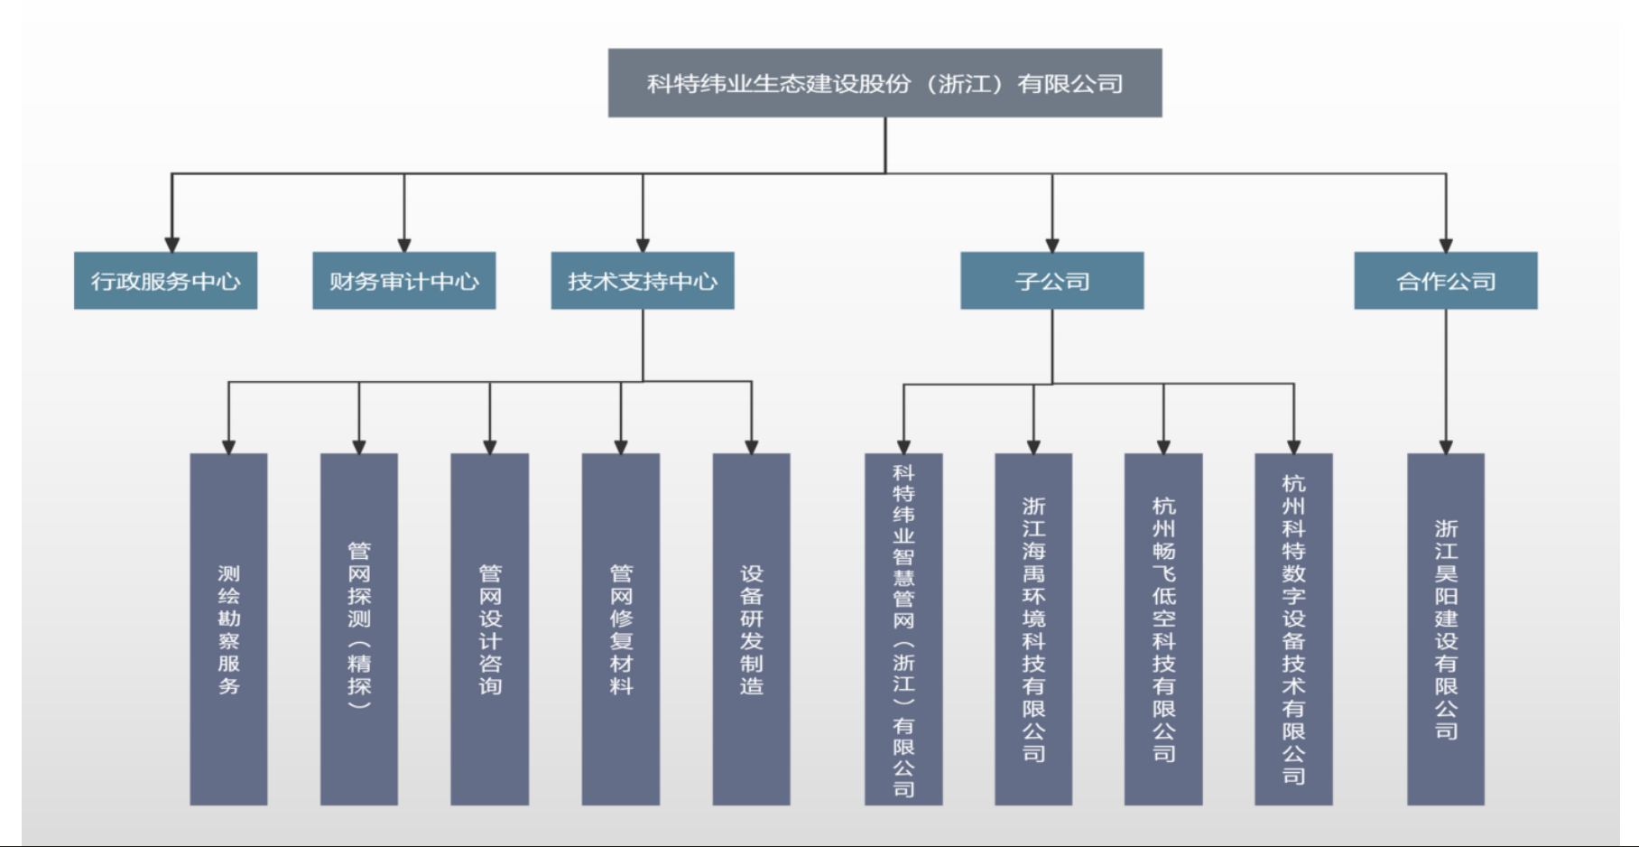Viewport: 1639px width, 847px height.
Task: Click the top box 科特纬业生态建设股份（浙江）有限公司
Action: point(884,83)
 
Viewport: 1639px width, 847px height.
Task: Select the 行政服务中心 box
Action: point(165,281)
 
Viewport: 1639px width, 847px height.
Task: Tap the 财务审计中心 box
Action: point(403,281)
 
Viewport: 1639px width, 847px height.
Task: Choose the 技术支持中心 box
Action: point(643,281)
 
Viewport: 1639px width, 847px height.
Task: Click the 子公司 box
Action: point(1051,281)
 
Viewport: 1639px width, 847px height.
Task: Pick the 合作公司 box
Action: point(1445,281)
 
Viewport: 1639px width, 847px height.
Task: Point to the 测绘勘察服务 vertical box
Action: point(228,628)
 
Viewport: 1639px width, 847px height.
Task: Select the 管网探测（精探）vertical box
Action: point(359,628)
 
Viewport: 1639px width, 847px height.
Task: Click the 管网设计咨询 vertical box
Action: point(489,628)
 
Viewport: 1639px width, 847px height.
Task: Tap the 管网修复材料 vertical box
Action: point(621,628)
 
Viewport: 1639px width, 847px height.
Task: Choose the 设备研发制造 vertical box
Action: point(751,628)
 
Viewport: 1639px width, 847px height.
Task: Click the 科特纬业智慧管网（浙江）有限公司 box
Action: point(903,628)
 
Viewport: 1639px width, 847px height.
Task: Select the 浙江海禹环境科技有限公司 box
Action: point(1033,628)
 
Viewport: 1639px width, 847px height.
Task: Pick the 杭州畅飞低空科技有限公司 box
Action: point(1163,628)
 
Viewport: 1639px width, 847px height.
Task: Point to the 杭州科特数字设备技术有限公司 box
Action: point(1293,628)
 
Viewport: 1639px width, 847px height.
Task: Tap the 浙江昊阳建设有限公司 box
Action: point(1446,628)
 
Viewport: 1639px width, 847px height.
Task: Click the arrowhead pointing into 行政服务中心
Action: point(171,245)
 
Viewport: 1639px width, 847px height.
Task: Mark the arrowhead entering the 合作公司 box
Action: point(1446,245)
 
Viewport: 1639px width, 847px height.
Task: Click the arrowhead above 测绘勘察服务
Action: point(228,446)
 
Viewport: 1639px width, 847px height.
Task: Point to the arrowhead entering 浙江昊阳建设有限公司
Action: point(1446,446)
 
